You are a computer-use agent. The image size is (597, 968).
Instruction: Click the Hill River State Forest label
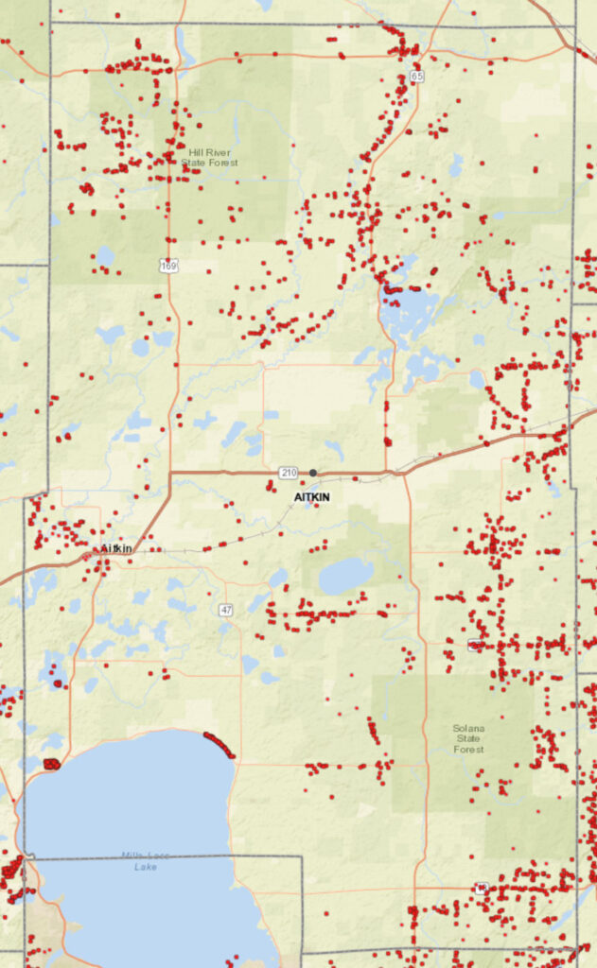[x=210, y=157]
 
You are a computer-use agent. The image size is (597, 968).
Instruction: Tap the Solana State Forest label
[x=468, y=739]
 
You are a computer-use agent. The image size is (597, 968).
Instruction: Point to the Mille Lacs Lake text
[x=146, y=861]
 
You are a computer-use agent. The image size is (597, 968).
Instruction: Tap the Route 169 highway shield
[x=168, y=268]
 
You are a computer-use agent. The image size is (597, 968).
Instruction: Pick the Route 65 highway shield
[x=416, y=75]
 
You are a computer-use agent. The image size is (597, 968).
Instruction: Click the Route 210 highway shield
[x=289, y=472]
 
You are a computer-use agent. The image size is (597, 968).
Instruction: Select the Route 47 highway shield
[x=225, y=610]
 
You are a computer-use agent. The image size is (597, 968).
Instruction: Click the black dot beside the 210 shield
[x=313, y=473]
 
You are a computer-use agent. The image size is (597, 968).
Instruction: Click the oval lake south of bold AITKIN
[x=345, y=575]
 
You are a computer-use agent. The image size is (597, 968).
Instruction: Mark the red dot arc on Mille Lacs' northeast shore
[x=219, y=744]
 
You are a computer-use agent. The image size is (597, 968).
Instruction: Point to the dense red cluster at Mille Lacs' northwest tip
[x=52, y=764]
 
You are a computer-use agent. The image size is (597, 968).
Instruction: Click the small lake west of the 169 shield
[x=105, y=256]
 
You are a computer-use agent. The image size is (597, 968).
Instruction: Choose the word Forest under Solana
[x=468, y=750]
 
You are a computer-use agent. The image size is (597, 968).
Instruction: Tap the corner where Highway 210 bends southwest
[x=170, y=473]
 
